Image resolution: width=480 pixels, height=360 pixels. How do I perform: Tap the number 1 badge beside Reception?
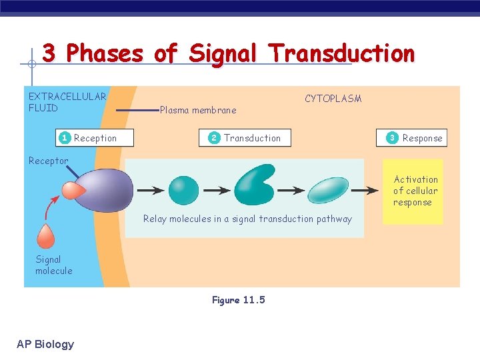(64, 138)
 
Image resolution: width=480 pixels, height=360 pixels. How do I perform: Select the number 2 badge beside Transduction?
(214, 138)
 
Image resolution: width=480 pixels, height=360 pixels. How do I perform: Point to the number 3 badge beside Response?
(392, 138)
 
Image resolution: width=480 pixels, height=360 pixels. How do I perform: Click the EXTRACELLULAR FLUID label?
(67, 102)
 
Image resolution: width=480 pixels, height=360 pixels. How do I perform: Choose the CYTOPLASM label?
(333, 99)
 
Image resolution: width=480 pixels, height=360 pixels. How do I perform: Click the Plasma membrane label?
(198, 110)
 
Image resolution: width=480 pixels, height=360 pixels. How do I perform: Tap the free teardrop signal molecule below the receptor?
(46, 236)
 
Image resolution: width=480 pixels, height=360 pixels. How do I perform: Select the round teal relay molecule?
(183, 190)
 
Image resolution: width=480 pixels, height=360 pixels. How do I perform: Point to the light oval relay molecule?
(327, 190)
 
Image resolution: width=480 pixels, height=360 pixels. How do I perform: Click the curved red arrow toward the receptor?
(49, 209)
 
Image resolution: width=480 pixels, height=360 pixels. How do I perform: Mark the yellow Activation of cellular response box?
(413, 191)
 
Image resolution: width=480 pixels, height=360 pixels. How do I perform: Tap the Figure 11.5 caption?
(238, 300)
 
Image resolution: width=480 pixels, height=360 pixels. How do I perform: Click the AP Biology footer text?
(45, 344)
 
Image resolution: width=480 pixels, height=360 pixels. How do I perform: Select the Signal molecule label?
(54, 265)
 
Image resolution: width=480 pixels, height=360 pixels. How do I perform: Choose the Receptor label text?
(48, 161)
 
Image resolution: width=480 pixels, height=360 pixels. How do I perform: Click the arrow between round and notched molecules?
(217, 191)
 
